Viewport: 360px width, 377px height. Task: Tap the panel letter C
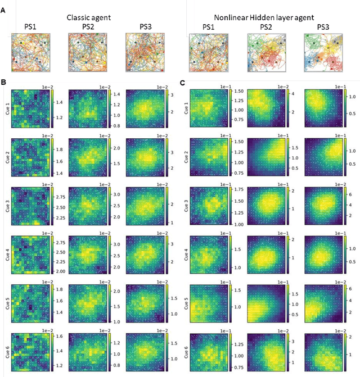coord(182,83)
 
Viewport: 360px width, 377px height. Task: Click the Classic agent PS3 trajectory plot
coord(143,52)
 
